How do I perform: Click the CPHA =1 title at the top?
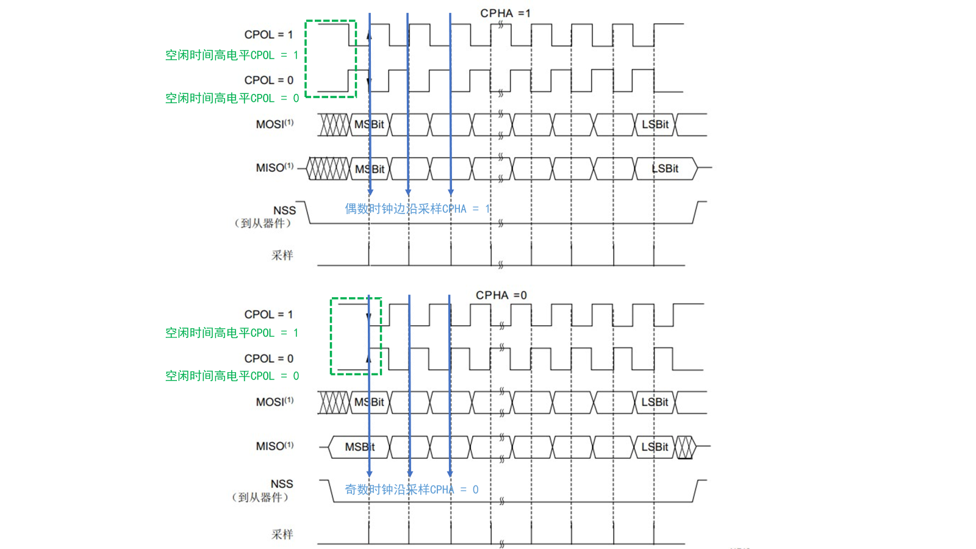pyautogui.click(x=505, y=13)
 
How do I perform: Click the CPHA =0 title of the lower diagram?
pyautogui.click(x=501, y=295)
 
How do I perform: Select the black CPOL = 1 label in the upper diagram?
pyautogui.click(x=268, y=35)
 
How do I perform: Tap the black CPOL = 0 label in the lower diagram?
pyautogui.click(x=268, y=359)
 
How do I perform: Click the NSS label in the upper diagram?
pyautogui.click(x=284, y=210)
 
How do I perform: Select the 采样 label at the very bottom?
pyautogui.click(x=282, y=534)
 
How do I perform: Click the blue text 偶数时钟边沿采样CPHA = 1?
pyautogui.click(x=417, y=209)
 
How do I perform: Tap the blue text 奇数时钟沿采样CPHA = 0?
pyautogui.click(x=411, y=490)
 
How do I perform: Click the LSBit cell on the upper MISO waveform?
pyautogui.click(x=665, y=169)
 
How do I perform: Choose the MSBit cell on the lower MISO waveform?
pyautogui.click(x=360, y=447)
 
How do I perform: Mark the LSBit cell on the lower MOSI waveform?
pyautogui.click(x=655, y=403)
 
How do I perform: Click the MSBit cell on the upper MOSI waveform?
pyautogui.click(x=369, y=125)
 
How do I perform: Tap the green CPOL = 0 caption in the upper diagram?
pyautogui.click(x=232, y=98)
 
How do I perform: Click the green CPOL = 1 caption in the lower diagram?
pyautogui.click(x=232, y=333)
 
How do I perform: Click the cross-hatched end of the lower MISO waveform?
pyautogui.click(x=684, y=447)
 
